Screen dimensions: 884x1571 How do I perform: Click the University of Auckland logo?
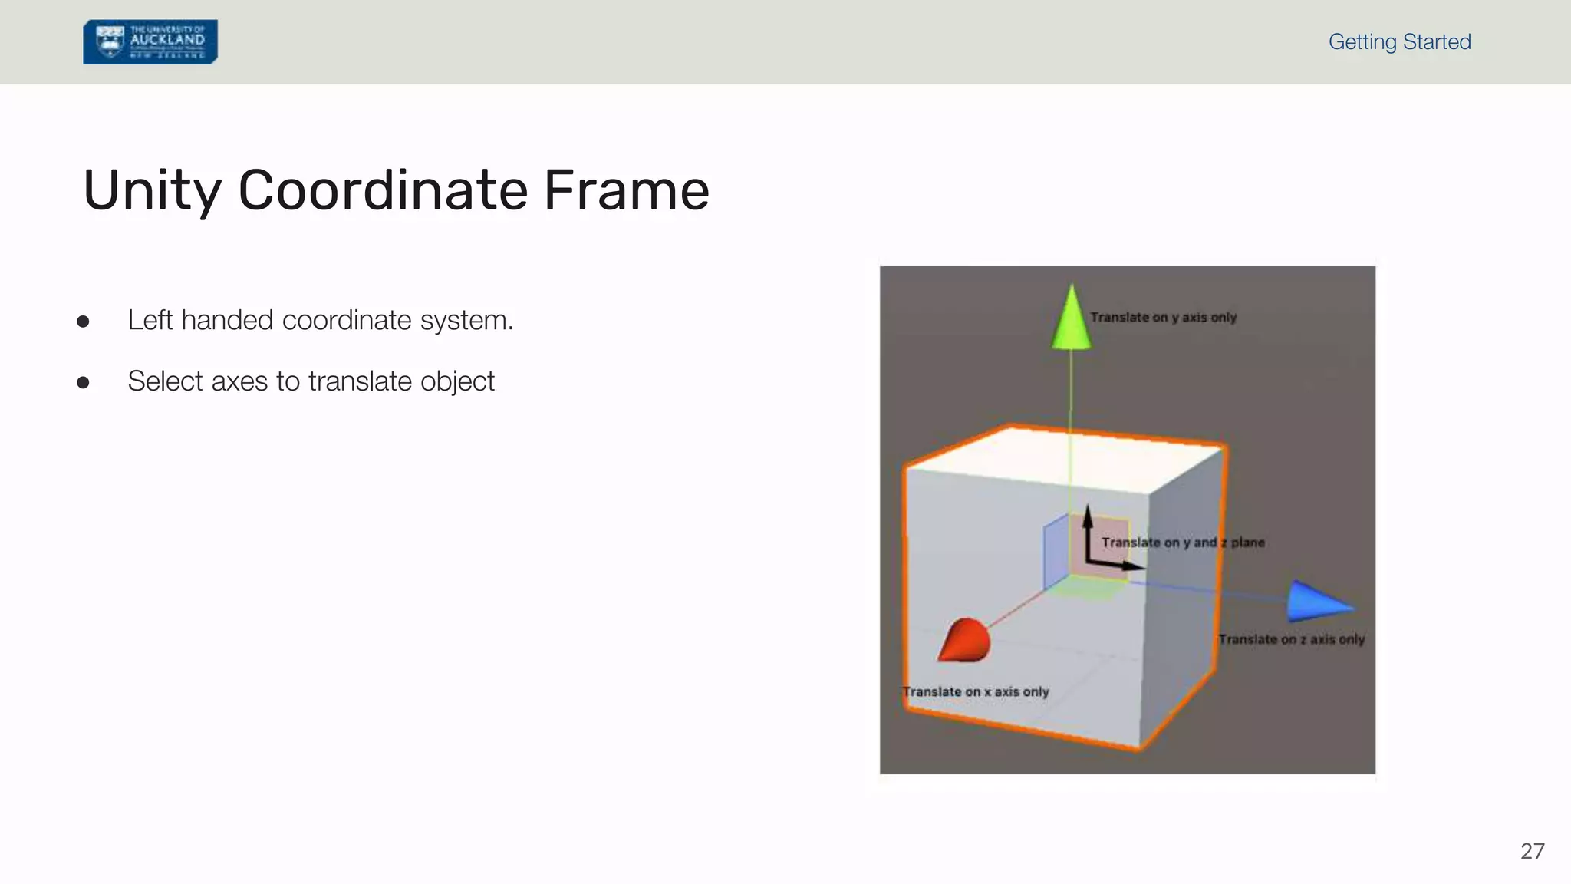150,42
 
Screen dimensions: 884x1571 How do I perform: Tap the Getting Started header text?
1399,41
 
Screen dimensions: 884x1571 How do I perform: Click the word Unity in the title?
152,190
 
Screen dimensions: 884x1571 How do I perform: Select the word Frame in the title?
626,190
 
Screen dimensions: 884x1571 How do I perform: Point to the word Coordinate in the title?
383,190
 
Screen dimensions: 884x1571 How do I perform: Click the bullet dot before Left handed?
83,321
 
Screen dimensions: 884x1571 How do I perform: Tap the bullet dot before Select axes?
83,382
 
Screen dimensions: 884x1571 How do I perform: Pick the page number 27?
1532,851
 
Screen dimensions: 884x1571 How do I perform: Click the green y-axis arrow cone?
1071,319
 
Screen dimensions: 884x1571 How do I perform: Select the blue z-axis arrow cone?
1318,602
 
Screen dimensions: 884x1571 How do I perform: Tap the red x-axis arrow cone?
965,640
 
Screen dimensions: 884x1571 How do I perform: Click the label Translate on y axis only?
1163,318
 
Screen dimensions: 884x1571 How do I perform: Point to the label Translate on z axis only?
1291,639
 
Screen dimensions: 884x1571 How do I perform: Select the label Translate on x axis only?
976,691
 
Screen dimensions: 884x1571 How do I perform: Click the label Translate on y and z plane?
1183,543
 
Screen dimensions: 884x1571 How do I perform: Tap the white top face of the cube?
1066,459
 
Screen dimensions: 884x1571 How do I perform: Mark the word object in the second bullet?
458,381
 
